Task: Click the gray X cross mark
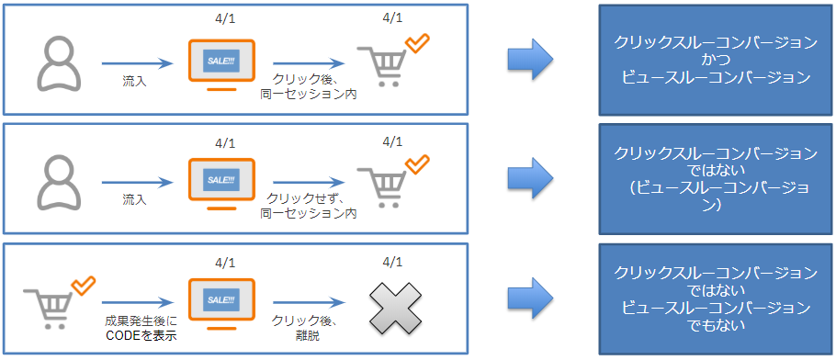(x=394, y=307)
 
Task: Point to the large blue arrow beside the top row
(x=530, y=60)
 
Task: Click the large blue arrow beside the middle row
(x=530, y=179)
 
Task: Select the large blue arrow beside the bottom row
(x=530, y=299)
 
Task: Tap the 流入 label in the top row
(x=135, y=83)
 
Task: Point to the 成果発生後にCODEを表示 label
(x=141, y=327)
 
